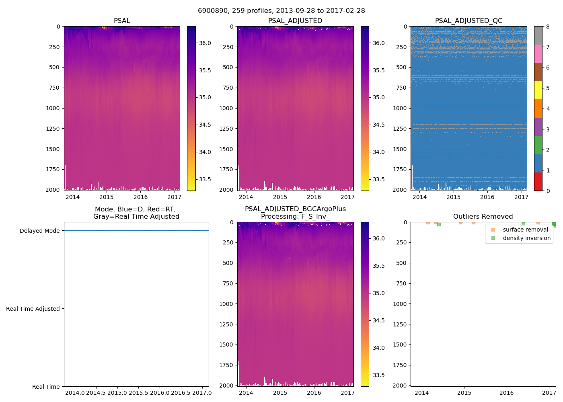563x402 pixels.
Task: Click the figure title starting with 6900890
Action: coord(281,11)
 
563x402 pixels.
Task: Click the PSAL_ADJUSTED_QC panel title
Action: coord(468,21)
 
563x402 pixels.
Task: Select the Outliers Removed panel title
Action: coord(483,217)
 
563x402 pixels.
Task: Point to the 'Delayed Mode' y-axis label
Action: coord(39,231)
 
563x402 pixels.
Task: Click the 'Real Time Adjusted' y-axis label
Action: coord(33,309)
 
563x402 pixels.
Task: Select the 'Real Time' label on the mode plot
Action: coord(46,387)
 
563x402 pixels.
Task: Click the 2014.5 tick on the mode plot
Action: coord(96,393)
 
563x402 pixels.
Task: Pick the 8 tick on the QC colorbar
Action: coord(548,27)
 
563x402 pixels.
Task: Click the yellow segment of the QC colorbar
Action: coord(538,90)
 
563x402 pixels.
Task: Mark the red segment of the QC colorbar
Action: coord(538,181)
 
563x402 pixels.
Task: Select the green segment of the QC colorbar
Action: coord(538,145)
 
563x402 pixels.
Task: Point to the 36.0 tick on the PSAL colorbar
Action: coord(205,43)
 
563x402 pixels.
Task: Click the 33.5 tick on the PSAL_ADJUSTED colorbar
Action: coord(378,179)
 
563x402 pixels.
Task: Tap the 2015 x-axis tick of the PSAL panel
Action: coord(107,197)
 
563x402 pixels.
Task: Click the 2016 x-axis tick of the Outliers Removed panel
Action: coord(507,393)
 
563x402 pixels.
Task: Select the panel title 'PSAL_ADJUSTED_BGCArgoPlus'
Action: coord(295,209)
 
